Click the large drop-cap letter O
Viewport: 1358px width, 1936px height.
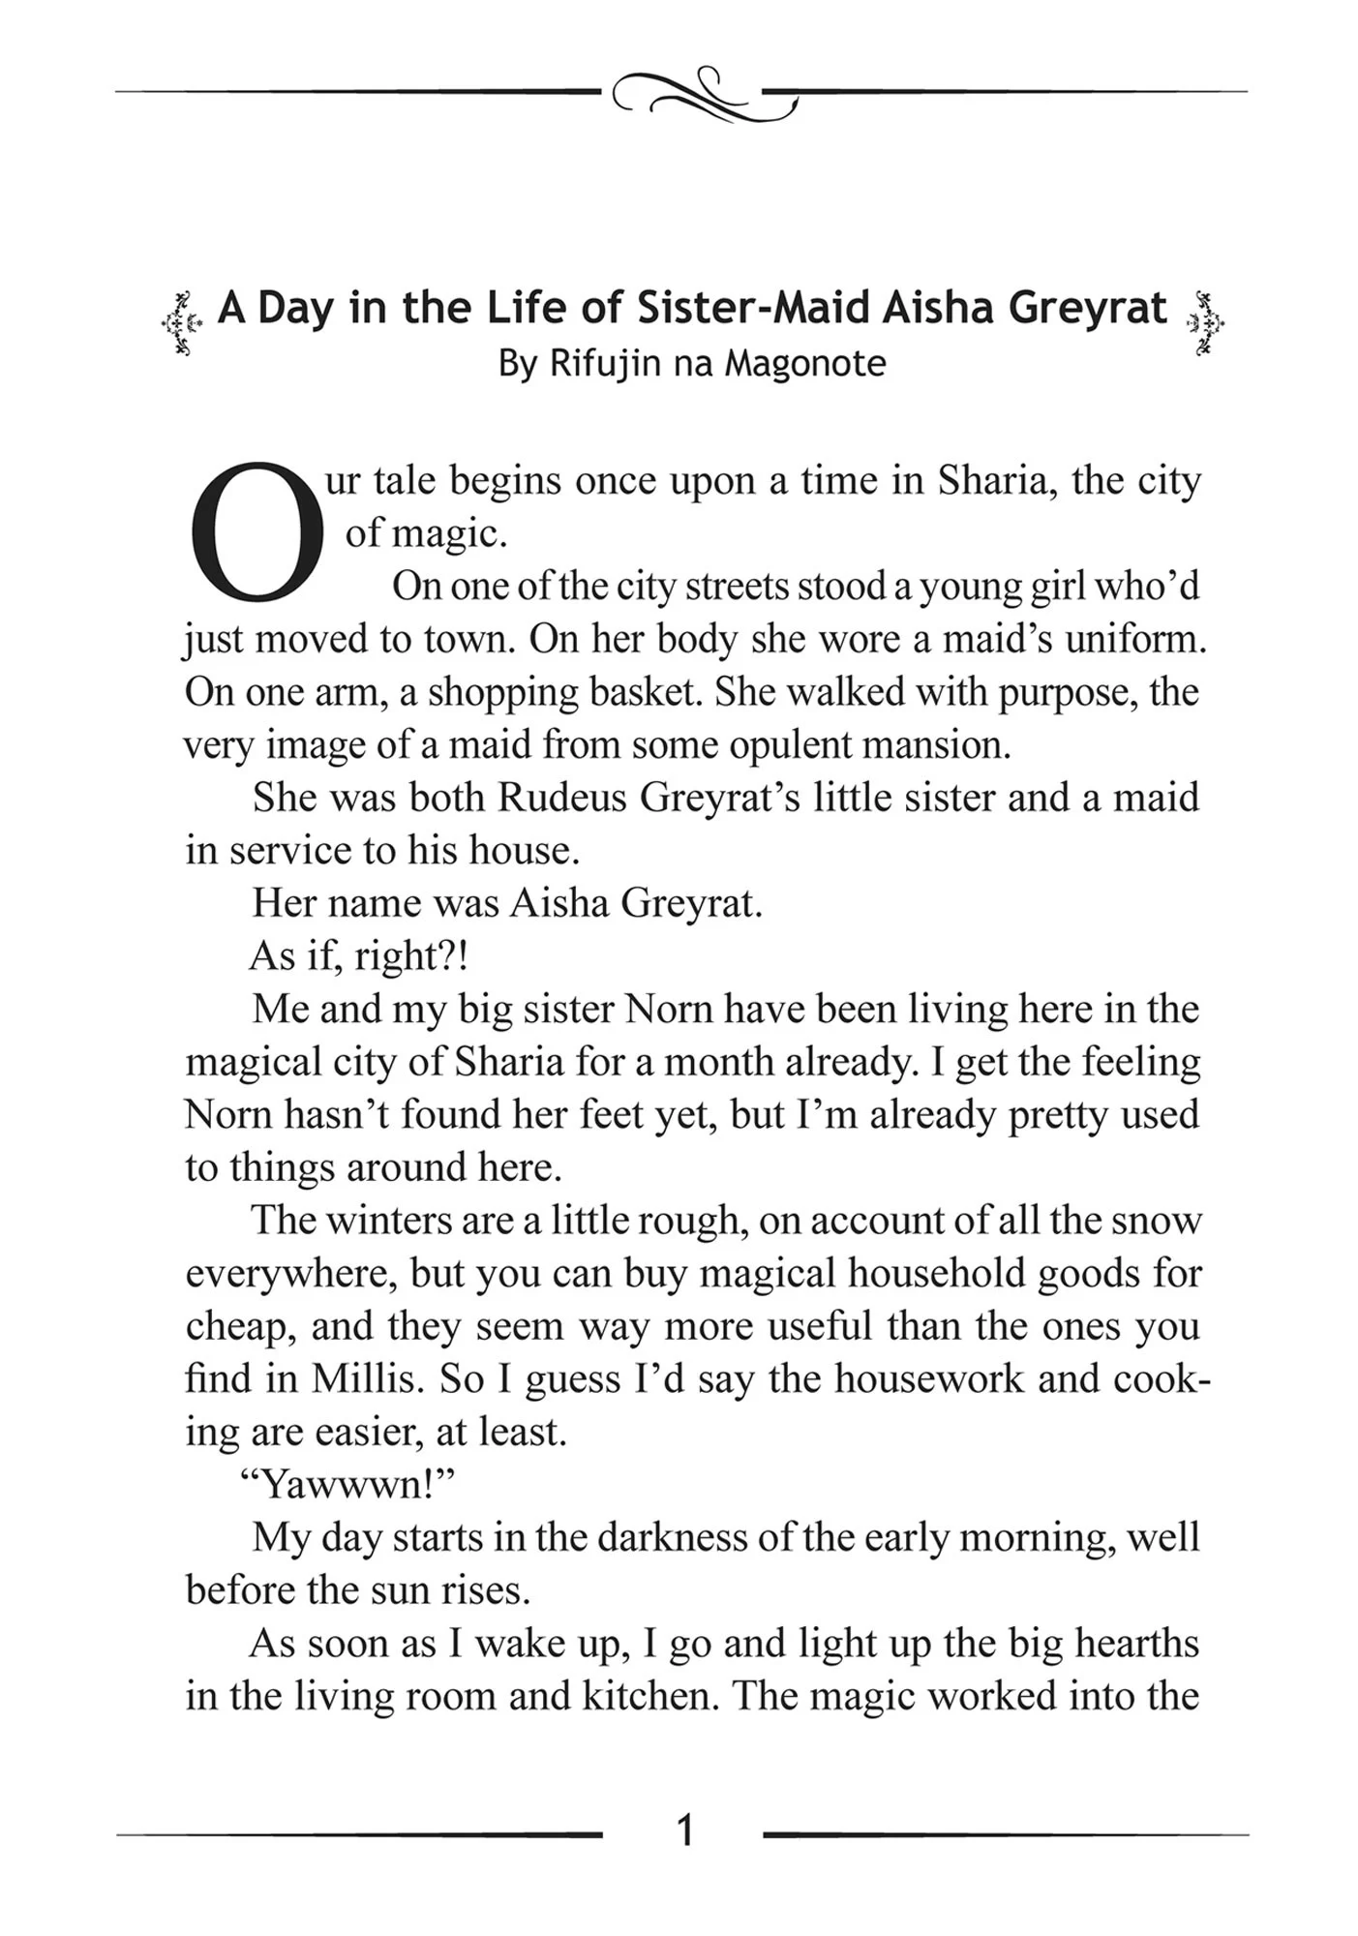pos(258,529)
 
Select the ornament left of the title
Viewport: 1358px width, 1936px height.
pos(181,322)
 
